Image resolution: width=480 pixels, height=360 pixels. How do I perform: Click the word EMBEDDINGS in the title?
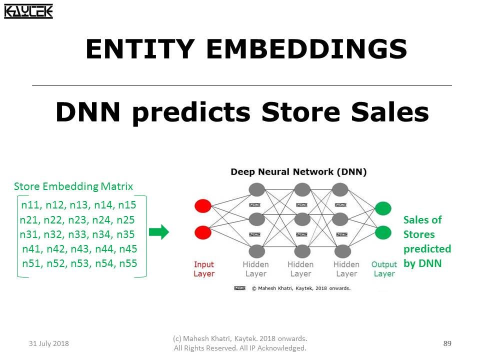pyautogui.click(x=306, y=49)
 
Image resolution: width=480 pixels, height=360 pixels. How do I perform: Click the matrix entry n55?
pyautogui.click(x=127, y=263)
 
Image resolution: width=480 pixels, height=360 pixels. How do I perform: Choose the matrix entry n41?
pyautogui.click(x=32, y=249)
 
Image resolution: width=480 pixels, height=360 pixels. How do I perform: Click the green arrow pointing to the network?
pyautogui.click(x=159, y=232)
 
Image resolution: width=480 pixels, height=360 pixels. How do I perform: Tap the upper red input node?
pyautogui.click(x=203, y=205)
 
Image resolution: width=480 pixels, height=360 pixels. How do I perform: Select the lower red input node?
pyautogui.click(x=203, y=232)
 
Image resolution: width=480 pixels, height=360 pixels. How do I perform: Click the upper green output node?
pyautogui.click(x=383, y=208)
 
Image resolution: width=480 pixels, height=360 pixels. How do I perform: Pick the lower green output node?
pyautogui.click(x=383, y=232)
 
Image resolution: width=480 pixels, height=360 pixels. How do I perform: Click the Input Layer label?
pyautogui.click(x=203, y=269)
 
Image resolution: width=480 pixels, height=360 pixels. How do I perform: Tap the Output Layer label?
pyautogui.click(x=384, y=269)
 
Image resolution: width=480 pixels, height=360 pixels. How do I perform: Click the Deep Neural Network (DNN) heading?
pyautogui.click(x=298, y=172)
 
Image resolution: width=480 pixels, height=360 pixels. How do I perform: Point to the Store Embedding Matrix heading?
pyautogui.click(x=73, y=186)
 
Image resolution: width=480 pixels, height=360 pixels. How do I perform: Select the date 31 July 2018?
pyautogui.click(x=49, y=343)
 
